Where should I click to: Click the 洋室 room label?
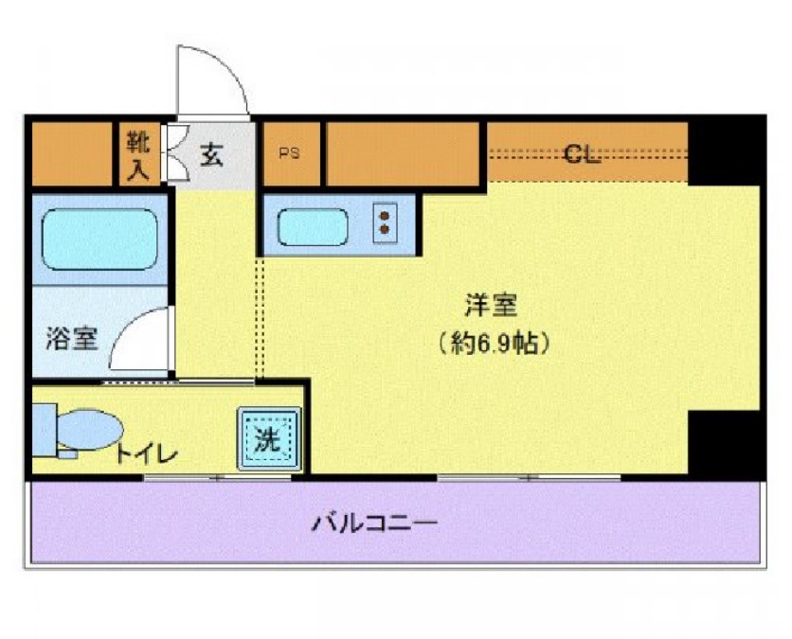492,306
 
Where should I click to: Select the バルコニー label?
375,522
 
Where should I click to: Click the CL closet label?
582,154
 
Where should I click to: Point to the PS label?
289,154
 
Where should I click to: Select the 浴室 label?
72,339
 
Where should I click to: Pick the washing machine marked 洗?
269,438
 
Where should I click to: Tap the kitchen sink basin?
314,225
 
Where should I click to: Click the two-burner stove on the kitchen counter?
386,223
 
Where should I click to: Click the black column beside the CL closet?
725,151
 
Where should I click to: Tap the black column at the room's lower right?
725,444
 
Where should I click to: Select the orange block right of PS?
402,153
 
